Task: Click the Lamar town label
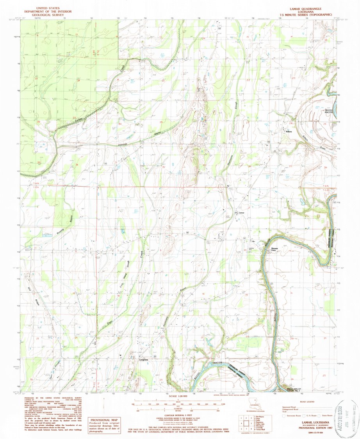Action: tap(241, 213)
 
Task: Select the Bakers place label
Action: tap(289, 132)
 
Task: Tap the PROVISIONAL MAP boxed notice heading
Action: tap(104, 420)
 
